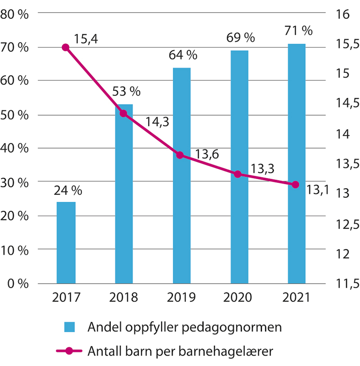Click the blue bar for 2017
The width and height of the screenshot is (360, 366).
[66, 243]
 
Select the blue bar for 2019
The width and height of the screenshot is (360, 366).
[182, 176]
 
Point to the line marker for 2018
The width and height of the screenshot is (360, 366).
[124, 114]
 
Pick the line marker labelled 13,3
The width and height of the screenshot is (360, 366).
[238, 174]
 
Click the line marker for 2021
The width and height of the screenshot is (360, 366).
[296, 185]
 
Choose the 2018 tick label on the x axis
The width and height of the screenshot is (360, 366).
[124, 298]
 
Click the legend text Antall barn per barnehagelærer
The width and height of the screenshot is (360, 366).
[180, 351]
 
